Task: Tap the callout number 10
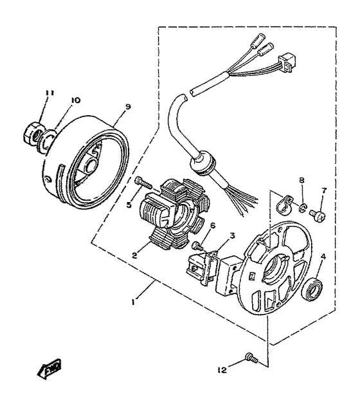tap(75, 100)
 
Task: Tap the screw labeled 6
tap(197, 245)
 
